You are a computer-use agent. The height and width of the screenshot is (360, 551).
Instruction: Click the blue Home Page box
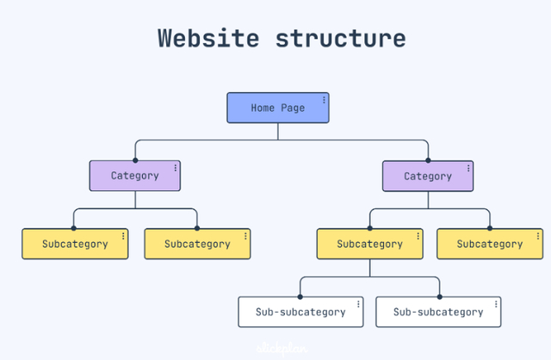tap(277, 108)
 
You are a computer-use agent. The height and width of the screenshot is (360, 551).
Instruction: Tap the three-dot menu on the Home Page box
tap(324, 100)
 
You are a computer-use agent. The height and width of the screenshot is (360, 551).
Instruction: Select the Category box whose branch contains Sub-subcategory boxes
tap(427, 176)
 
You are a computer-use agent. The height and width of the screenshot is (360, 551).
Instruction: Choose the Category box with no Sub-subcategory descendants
tap(135, 176)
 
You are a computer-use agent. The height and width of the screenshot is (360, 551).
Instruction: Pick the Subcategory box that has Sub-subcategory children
tap(369, 244)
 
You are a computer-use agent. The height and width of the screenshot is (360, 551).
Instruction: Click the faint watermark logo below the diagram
tap(276, 349)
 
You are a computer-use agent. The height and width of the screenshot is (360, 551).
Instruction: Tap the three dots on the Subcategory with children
tap(418, 236)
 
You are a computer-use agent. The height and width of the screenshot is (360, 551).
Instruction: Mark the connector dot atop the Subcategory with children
tap(370, 228)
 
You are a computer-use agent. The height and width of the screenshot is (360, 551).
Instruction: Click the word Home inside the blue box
tap(263, 109)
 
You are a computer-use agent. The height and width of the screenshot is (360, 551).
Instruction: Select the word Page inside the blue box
tap(293, 109)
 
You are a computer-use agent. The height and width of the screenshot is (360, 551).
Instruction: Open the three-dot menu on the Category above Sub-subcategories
tap(467, 168)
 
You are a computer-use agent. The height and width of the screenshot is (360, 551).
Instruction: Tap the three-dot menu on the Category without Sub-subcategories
tap(176, 168)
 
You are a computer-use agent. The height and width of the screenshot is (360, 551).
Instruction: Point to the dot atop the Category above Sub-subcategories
tap(428, 160)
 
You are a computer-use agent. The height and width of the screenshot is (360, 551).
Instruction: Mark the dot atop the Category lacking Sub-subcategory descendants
tap(135, 160)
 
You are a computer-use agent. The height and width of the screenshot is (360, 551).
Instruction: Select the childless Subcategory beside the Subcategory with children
tap(489, 244)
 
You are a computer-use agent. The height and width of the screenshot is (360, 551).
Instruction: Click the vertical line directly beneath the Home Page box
tap(277, 131)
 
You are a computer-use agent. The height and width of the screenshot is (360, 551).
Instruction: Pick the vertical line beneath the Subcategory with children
tap(370, 268)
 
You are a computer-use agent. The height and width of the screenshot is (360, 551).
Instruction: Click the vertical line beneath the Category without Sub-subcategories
tap(135, 200)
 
